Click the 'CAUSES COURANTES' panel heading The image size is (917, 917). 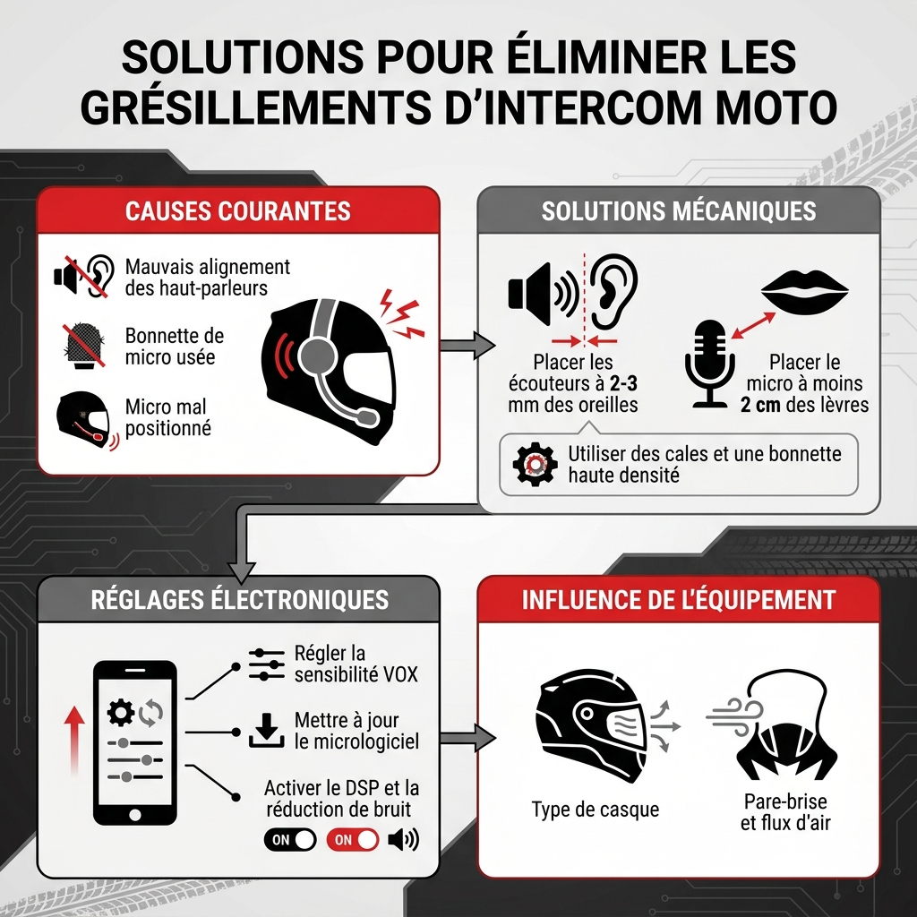click(x=237, y=211)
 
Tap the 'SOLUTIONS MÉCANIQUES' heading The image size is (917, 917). click(x=679, y=211)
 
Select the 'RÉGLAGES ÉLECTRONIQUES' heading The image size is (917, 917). click(x=240, y=600)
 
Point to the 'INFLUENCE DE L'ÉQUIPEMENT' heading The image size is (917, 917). click(x=679, y=600)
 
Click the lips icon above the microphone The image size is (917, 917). click(x=805, y=291)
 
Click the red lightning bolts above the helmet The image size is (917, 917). click(x=401, y=313)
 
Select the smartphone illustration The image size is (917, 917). click(x=135, y=742)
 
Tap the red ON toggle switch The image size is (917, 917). click(x=353, y=840)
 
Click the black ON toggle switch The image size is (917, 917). click(x=290, y=840)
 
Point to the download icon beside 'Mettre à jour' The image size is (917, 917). click(x=267, y=731)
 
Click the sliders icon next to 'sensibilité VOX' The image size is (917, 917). click(x=267, y=664)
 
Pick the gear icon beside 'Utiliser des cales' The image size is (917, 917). click(x=535, y=465)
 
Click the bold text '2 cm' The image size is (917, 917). click(x=759, y=405)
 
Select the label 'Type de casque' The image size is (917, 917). click(x=596, y=810)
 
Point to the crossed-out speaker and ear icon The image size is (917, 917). click(x=84, y=276)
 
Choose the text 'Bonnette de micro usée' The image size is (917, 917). click(x=175, y=347)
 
